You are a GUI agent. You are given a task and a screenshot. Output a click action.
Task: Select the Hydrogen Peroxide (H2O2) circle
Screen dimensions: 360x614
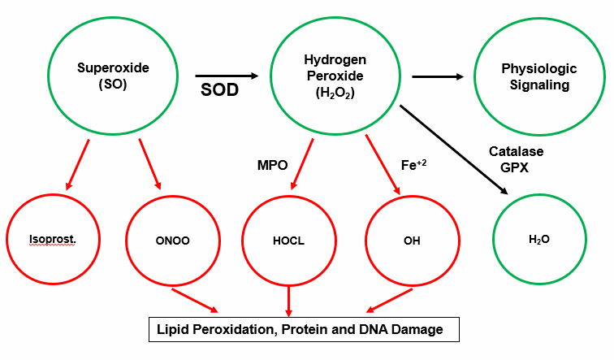335,76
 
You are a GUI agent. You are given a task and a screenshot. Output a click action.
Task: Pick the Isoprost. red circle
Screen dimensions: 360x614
52,241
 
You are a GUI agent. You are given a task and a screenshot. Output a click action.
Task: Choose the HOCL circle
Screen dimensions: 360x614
288,241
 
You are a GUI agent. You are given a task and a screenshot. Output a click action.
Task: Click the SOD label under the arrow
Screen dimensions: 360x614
219,89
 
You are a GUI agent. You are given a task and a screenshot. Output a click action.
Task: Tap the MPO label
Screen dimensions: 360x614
272,164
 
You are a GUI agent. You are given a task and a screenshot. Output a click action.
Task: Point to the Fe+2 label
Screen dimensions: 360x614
413,164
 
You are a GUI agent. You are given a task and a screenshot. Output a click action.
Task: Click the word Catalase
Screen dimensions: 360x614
516,151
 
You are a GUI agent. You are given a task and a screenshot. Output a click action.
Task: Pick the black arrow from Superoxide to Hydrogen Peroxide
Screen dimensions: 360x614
227,76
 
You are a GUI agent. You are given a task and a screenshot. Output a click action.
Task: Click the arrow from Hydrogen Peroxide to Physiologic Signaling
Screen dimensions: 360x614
439,77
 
